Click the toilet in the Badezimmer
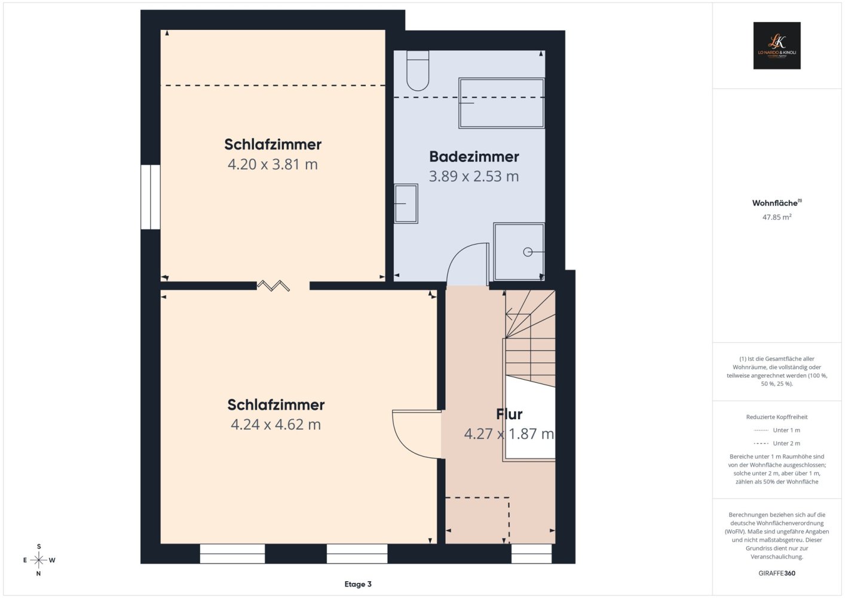point(418,71)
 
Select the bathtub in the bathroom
point(501,103)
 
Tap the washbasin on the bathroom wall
point(406,203)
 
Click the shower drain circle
point(528,252)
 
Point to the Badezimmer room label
point(474,156)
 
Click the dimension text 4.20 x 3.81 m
point(273,164)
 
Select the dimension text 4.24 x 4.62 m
point(275,425)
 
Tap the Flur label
point(509,414)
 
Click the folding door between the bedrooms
point(273,286)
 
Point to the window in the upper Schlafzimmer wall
point(151,197)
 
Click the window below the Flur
point(531,554)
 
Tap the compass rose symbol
point(38,560)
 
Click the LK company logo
point(777,45)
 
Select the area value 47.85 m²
point(777,217)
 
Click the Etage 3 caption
point(358,584)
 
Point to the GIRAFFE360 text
point(777,573)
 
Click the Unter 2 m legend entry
point(777,443)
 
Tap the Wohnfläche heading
point(777,203)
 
